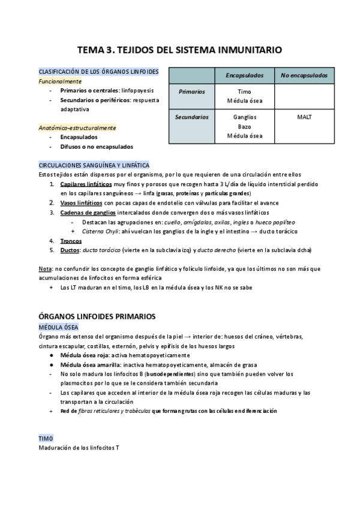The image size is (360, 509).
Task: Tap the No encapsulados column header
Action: pyautogui.click(x=304, y=76)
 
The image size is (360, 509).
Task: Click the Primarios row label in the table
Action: pyautogui.click(x=192, y=92)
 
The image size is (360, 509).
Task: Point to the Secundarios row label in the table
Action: pyautogui.click(x=192, y=117)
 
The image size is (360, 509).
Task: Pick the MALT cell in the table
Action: pyautogui.click(x=304, y=117)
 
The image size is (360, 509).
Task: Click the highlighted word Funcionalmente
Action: pyautogui.click(x=60, y=81)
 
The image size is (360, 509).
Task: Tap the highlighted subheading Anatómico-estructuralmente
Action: pyautogui.click(x=77, y=128)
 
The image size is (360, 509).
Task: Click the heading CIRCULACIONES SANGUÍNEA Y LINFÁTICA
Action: pyautogui.click(x=94, y=165)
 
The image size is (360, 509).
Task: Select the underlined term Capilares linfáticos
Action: pyautogui.click(x=85, y=184)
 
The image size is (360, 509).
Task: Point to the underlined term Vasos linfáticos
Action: pyautogui.click(x=81, y=203)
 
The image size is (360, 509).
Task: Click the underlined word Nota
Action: pyautogui.click(x=44, y=269)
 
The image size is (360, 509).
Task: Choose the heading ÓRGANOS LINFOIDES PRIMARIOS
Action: pyautogui.click(x=97, y=316)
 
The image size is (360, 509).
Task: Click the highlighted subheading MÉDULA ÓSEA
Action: pyautogui.click(x=55, y=327)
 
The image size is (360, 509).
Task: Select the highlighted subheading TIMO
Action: pyautogui.click(x=46, y=439)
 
